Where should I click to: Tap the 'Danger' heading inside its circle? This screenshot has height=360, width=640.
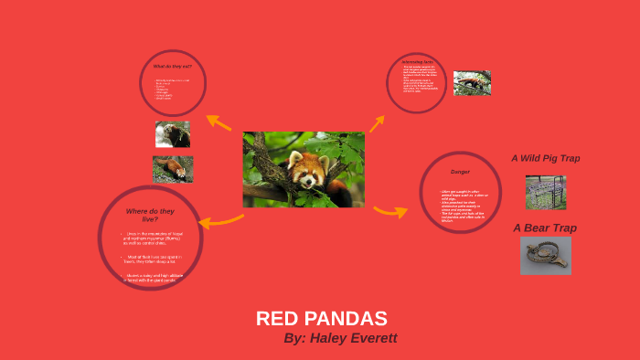point(459,172)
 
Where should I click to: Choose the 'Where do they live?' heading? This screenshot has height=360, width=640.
point(148,215)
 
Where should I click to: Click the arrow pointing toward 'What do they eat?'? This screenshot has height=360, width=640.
point(219,122)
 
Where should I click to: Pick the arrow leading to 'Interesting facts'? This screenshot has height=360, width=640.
point(377,122)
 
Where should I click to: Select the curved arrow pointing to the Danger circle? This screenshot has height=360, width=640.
point(390,212)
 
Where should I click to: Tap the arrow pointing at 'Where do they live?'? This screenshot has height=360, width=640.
point(219,220)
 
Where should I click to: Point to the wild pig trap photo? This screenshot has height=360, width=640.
point(545,192)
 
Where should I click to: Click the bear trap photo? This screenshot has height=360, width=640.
point(545,255)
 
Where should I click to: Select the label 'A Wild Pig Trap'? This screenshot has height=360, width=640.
point(545,158)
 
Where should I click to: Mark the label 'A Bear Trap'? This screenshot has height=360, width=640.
point(545,228)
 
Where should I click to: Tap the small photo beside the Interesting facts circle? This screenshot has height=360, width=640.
point(472,83)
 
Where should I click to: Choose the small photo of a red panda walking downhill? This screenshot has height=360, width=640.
point(173,168)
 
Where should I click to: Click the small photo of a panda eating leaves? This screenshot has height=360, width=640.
point(173,134)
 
